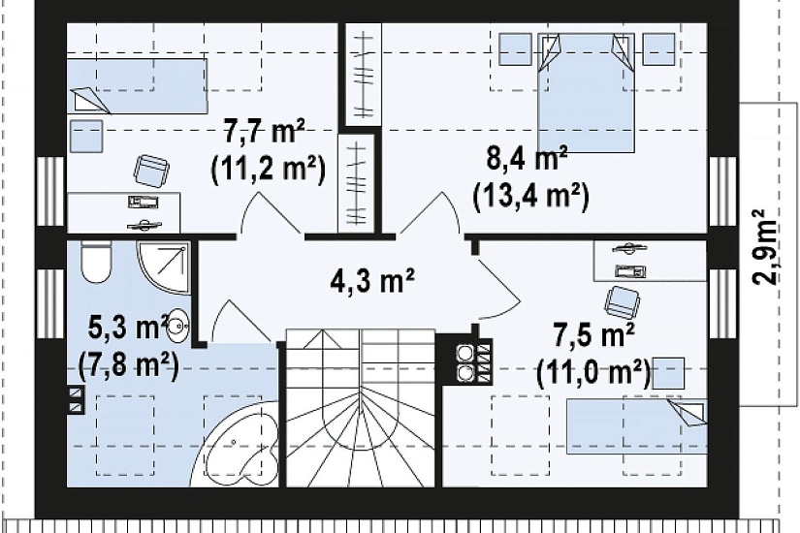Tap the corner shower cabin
click(163, 267)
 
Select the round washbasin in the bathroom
click(178, 324)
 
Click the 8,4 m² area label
click(528, 160)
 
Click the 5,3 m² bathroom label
click(129, 328)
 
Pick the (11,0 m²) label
click(593, 373)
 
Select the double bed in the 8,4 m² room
click(587, 93)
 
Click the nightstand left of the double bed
click(515, 49)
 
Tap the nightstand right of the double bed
click(658, 49)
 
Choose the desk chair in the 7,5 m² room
click(621, 301)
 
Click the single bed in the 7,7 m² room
click(137, 85)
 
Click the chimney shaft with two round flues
click(464, 361)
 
